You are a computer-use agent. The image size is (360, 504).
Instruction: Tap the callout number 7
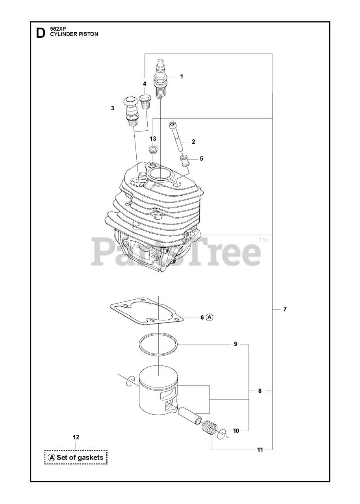285,309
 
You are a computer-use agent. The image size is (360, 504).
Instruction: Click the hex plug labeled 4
145,103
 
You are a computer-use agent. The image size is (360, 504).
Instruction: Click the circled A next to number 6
210,317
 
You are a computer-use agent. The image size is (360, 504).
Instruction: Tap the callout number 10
236,431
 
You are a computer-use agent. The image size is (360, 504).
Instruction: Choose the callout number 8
260,391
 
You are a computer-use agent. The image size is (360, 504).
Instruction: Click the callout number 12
76,437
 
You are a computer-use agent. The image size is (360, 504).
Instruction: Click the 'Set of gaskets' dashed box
76,457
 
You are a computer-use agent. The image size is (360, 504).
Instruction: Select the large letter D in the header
40,33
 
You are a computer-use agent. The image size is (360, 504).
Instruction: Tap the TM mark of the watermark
264,240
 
